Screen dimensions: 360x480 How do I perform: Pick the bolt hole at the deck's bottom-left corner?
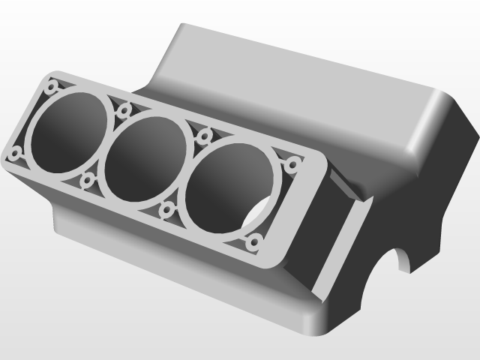(x=15, y=154)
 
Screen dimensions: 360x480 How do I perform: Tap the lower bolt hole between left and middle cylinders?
(x=87, y=181)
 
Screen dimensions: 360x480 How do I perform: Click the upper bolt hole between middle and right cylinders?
(x=203, y=137)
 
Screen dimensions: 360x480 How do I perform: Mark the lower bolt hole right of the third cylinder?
(x=254, y=241)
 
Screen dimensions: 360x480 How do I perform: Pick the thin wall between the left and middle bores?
(x=106, y=147)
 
